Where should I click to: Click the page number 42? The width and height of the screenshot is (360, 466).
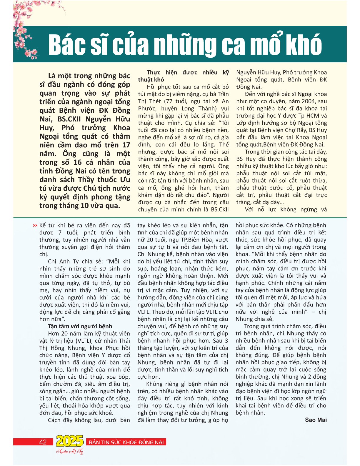coord(43,442)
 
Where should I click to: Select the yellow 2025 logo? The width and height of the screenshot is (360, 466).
coord(70,441)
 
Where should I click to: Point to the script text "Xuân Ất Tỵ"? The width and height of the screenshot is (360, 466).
coord(70,452)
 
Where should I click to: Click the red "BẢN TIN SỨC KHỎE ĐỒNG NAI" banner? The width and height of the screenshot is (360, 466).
coord(126,442)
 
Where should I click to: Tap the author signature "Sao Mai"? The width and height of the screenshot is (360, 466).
coord(316,420)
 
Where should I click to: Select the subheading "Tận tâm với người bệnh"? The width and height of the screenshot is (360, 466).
coord(80,326)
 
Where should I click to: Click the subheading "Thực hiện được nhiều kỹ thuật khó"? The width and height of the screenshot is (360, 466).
coord(184,76)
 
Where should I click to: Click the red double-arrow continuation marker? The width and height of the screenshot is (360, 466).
coord(36,226)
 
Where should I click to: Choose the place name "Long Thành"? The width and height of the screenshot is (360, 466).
coord(203,109)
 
